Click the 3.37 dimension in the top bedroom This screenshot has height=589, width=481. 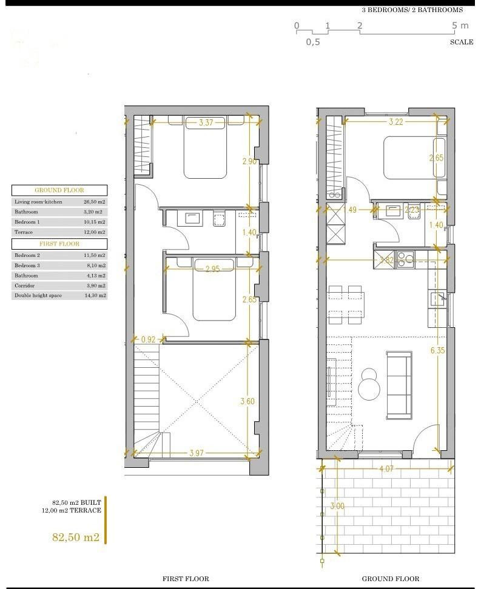[x=206, y=123]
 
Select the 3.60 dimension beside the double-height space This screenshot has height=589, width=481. [x=247, y=401]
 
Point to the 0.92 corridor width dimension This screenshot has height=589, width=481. [x=149, y=340]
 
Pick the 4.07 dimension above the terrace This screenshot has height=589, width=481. [x=386, y=468]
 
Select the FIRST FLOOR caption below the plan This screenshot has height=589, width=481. [x=186, y=579]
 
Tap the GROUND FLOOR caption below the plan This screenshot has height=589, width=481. [x=391, y=579]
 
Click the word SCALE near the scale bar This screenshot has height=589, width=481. [x=462, y=42]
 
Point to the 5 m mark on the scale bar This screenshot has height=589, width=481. [x=460, y=25]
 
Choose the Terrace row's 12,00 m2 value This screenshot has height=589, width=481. [x=95, y=232]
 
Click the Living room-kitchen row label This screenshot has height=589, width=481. [x=38, y=201]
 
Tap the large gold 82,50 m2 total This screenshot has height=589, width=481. [x=76, y=537]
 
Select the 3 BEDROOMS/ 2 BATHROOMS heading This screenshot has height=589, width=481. [x=412, y=10]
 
